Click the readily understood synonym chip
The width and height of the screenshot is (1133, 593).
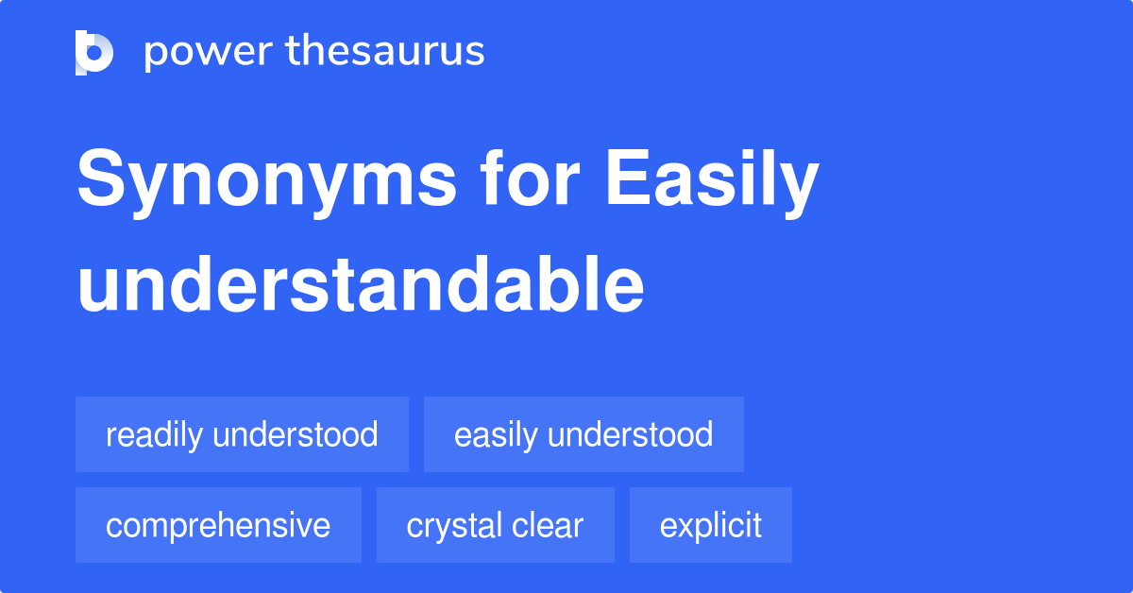coord(242,434)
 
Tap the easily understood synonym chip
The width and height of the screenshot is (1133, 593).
coord(583,434)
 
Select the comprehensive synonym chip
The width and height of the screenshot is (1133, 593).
coord(218,525)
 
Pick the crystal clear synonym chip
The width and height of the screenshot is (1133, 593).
coord(495,525)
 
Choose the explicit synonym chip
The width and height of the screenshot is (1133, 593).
coord(710,525)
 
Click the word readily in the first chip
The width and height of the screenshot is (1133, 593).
coord(154,434)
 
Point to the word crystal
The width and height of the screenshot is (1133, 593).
coord(452,525)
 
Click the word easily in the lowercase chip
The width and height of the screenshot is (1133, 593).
coord(496,434)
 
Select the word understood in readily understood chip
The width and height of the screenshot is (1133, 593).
coord(296,434)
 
